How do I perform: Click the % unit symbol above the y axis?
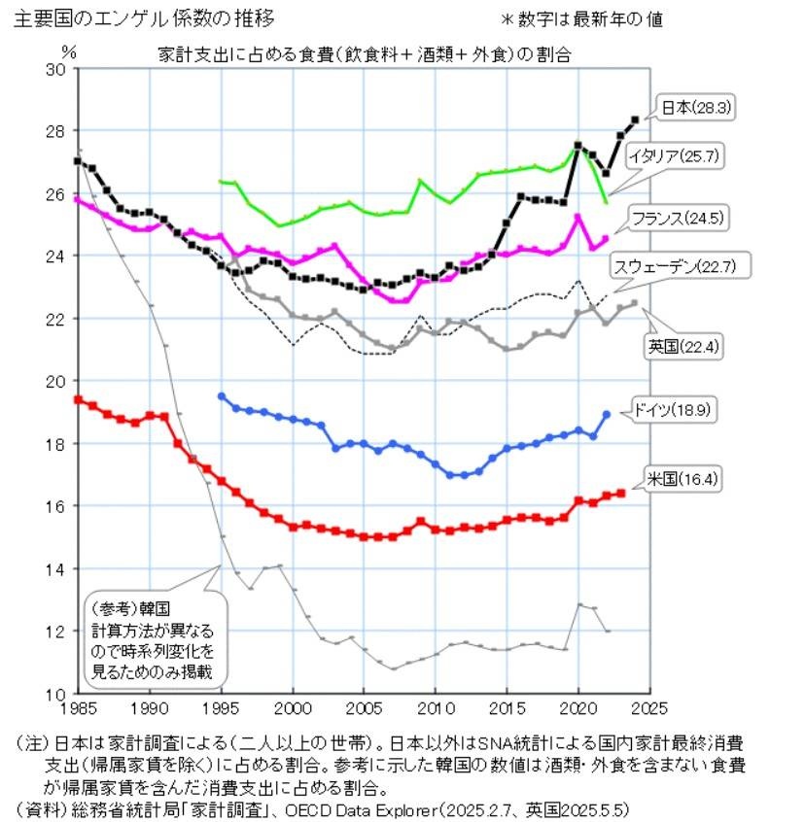click(x=67, y=51)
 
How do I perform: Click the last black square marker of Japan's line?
click(x=634, y=120)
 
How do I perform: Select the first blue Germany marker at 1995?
click(x=222, y=395)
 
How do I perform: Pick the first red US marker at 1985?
click(x=79, y=399)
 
